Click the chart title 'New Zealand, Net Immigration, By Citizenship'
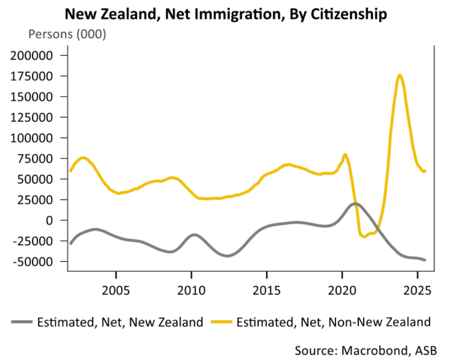225,14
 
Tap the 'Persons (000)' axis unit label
68,35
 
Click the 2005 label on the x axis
116,291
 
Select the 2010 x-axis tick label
192,291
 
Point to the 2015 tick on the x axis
267,291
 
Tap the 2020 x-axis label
342,291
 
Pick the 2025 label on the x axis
417,291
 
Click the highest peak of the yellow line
400,75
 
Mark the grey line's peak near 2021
355,203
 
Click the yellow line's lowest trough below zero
365,236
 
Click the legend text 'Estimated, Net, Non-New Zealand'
333,322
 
